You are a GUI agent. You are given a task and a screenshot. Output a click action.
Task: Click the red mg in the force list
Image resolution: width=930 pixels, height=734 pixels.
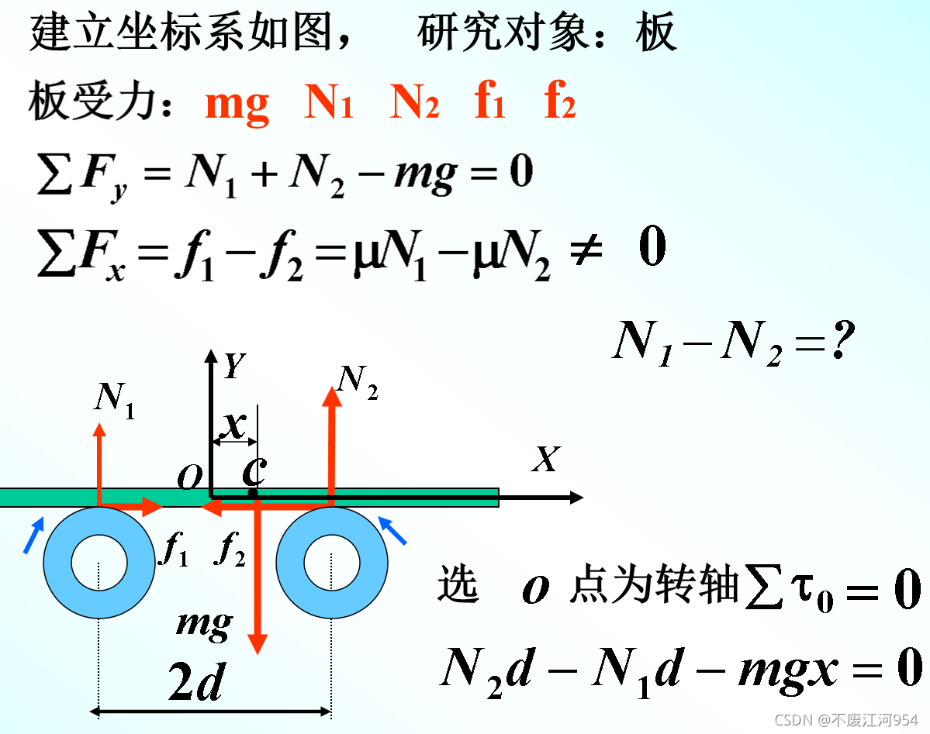(x=237, y=105)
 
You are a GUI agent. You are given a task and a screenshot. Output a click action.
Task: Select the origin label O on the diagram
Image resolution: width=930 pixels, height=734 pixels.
(x=188, y=479)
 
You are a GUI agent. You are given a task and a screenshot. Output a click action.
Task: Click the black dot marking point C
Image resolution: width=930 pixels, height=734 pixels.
(x=253, y=493)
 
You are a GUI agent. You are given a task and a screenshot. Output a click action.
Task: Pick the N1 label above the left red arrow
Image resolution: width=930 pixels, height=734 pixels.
(x=115, y=400)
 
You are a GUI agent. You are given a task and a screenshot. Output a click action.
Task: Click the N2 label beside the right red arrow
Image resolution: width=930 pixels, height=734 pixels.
(x=358, y=381)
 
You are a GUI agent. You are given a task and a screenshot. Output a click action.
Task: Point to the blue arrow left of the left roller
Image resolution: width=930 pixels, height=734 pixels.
(x=33, y=536)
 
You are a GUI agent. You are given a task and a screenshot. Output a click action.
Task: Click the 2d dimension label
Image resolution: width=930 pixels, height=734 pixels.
(x=195, y=683)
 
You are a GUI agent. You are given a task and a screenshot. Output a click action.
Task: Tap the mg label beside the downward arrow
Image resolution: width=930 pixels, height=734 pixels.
(x=205, y=624)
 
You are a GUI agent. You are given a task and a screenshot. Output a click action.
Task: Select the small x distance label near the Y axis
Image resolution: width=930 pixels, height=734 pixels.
(x=233, y=424)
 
